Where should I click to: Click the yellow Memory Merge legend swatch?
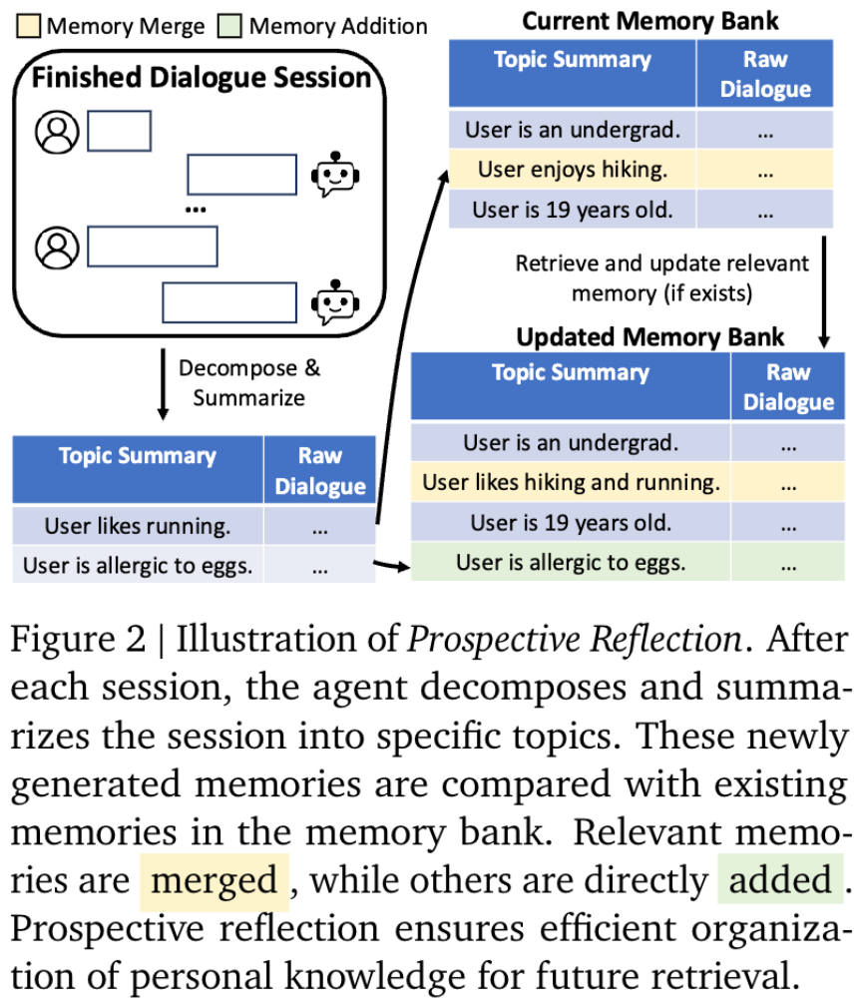[28, 26]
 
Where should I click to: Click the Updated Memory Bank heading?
[649, 336]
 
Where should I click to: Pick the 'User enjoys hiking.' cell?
[572, 170]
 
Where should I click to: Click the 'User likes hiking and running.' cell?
[571, 483]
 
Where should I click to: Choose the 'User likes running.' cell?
[138, 525]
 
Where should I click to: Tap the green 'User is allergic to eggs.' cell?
[571, 562]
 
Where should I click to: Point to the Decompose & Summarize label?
[249, 382]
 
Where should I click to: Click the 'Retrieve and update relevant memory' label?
[661, 278]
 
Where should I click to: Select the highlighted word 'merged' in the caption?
[215, 880]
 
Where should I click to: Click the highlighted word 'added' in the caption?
[780, 880]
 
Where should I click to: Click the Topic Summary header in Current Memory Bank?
[572, 59]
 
